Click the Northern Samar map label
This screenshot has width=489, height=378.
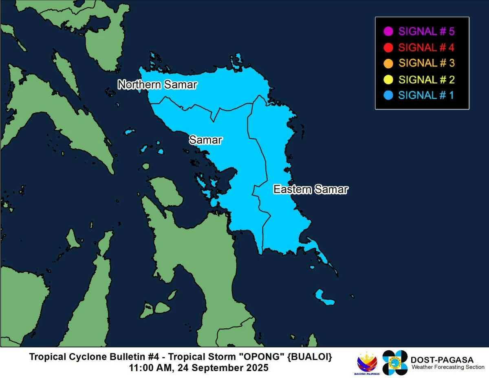(157, 85)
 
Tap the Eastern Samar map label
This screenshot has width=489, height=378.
(311, 190)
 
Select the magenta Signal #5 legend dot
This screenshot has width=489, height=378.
(388, 31)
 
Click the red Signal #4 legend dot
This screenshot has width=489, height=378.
(388, 47)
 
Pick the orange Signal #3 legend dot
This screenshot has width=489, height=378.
(388, 63)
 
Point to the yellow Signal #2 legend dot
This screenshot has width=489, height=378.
(388, 80)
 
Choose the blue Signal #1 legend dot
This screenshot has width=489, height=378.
(388, 95)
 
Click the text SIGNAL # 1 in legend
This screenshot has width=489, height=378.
(426, 95)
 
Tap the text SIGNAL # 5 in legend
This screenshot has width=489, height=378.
(426, 31)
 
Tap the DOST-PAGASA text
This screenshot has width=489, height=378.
(442, 360)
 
